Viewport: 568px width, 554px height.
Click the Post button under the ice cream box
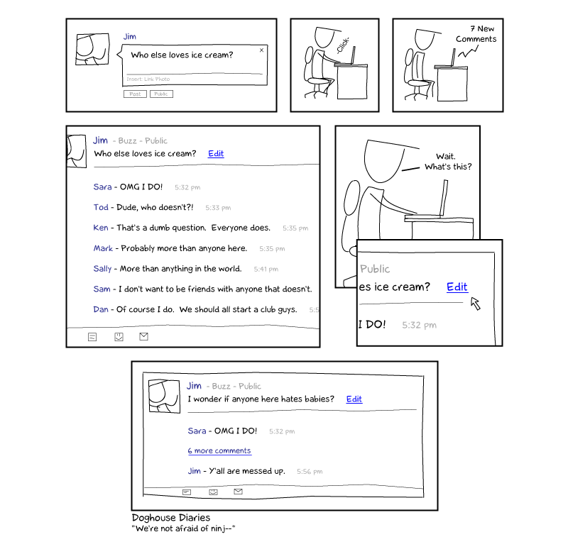[x=135, y=94]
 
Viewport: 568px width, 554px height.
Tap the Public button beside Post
[x=161, y=94]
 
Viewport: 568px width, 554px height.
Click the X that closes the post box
[x=261, y=50]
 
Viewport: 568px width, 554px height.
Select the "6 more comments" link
[x=219, y=451]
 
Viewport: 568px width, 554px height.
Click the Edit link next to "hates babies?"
[x=354, y=399]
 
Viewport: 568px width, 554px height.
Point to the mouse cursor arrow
[x=475, y=303]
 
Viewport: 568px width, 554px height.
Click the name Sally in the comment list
[x=102, y=269]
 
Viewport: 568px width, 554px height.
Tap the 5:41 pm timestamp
[x=266, y=270]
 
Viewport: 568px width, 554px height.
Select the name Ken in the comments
[x=101, y=228]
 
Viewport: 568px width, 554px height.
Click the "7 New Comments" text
[x=476, y=33]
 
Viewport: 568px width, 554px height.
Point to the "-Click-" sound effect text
[x=342, y=45]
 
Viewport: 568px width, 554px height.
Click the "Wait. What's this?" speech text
[x=448, y=162]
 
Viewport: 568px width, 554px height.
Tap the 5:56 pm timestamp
[x=310, y=472]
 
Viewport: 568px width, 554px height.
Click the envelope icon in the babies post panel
[x=238, y=492]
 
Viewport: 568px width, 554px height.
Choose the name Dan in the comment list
[x=101, y=310]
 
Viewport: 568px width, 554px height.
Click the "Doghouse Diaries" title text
[x=171, y=518]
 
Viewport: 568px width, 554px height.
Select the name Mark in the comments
[x=103, y=248]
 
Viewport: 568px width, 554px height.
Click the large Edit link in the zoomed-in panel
[x=457, y=287]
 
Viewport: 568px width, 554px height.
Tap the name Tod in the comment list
[x=101, y=208]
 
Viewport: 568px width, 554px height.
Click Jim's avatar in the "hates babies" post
[x=165, y=397]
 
